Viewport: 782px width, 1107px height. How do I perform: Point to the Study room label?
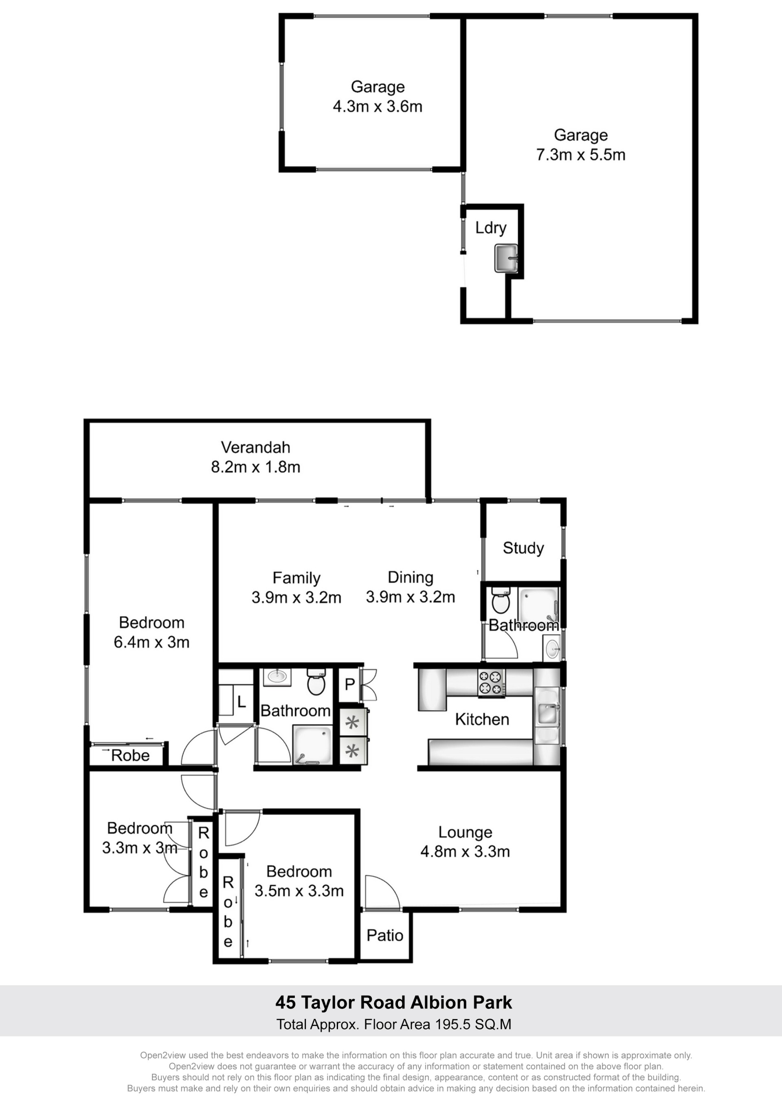(523, 548)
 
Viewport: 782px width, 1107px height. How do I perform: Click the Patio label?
(384, 935)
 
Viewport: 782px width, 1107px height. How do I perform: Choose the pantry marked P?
(350, 684)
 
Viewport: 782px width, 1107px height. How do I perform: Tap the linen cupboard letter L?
(242, 702)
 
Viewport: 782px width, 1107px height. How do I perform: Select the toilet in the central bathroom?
(316, 682)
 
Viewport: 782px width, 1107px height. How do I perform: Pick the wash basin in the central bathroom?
(277, 677)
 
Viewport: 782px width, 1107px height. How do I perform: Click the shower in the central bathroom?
(313, 745)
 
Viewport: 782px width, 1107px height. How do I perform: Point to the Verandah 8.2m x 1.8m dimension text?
(255, 467)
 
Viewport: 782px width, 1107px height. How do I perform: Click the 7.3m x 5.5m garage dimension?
(581, 155)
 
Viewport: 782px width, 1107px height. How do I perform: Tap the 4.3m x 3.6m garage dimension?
(377, 106)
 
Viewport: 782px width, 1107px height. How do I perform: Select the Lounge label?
(465, 832)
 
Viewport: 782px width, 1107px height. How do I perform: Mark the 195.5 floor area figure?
(450, 1023)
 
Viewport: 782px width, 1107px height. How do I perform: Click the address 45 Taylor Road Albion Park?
(394, 1002)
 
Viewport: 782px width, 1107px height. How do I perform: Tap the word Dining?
(411, 577)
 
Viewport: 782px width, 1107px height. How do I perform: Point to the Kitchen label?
(482, 719)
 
